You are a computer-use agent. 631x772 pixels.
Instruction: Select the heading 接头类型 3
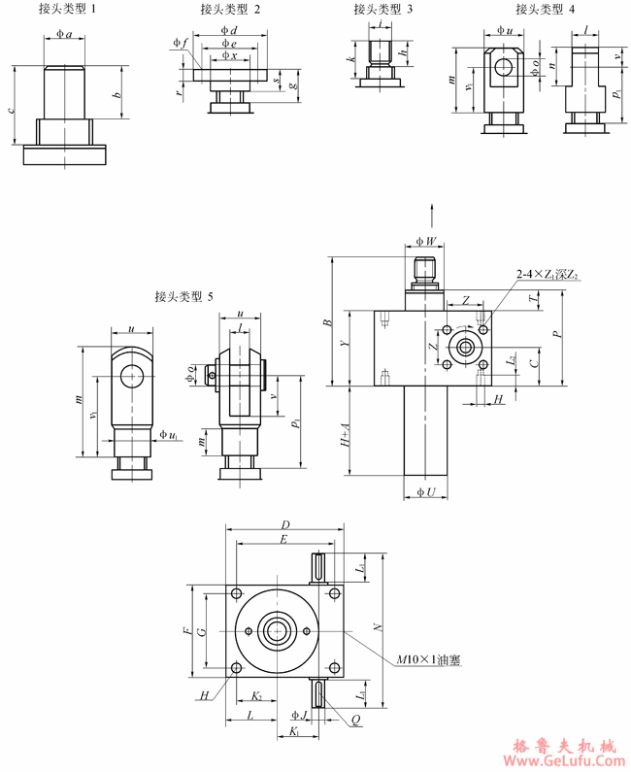[383, 10]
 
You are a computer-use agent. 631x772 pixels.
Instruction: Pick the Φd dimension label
[229, 31]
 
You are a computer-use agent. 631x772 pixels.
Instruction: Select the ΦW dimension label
[425, 240]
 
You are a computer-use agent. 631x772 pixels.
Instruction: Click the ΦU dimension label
[425, 493]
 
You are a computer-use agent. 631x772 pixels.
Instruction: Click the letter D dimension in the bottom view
[285, 524]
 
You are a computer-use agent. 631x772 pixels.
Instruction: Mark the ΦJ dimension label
[300, 717]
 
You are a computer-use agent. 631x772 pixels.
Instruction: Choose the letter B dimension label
[328, 320]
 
